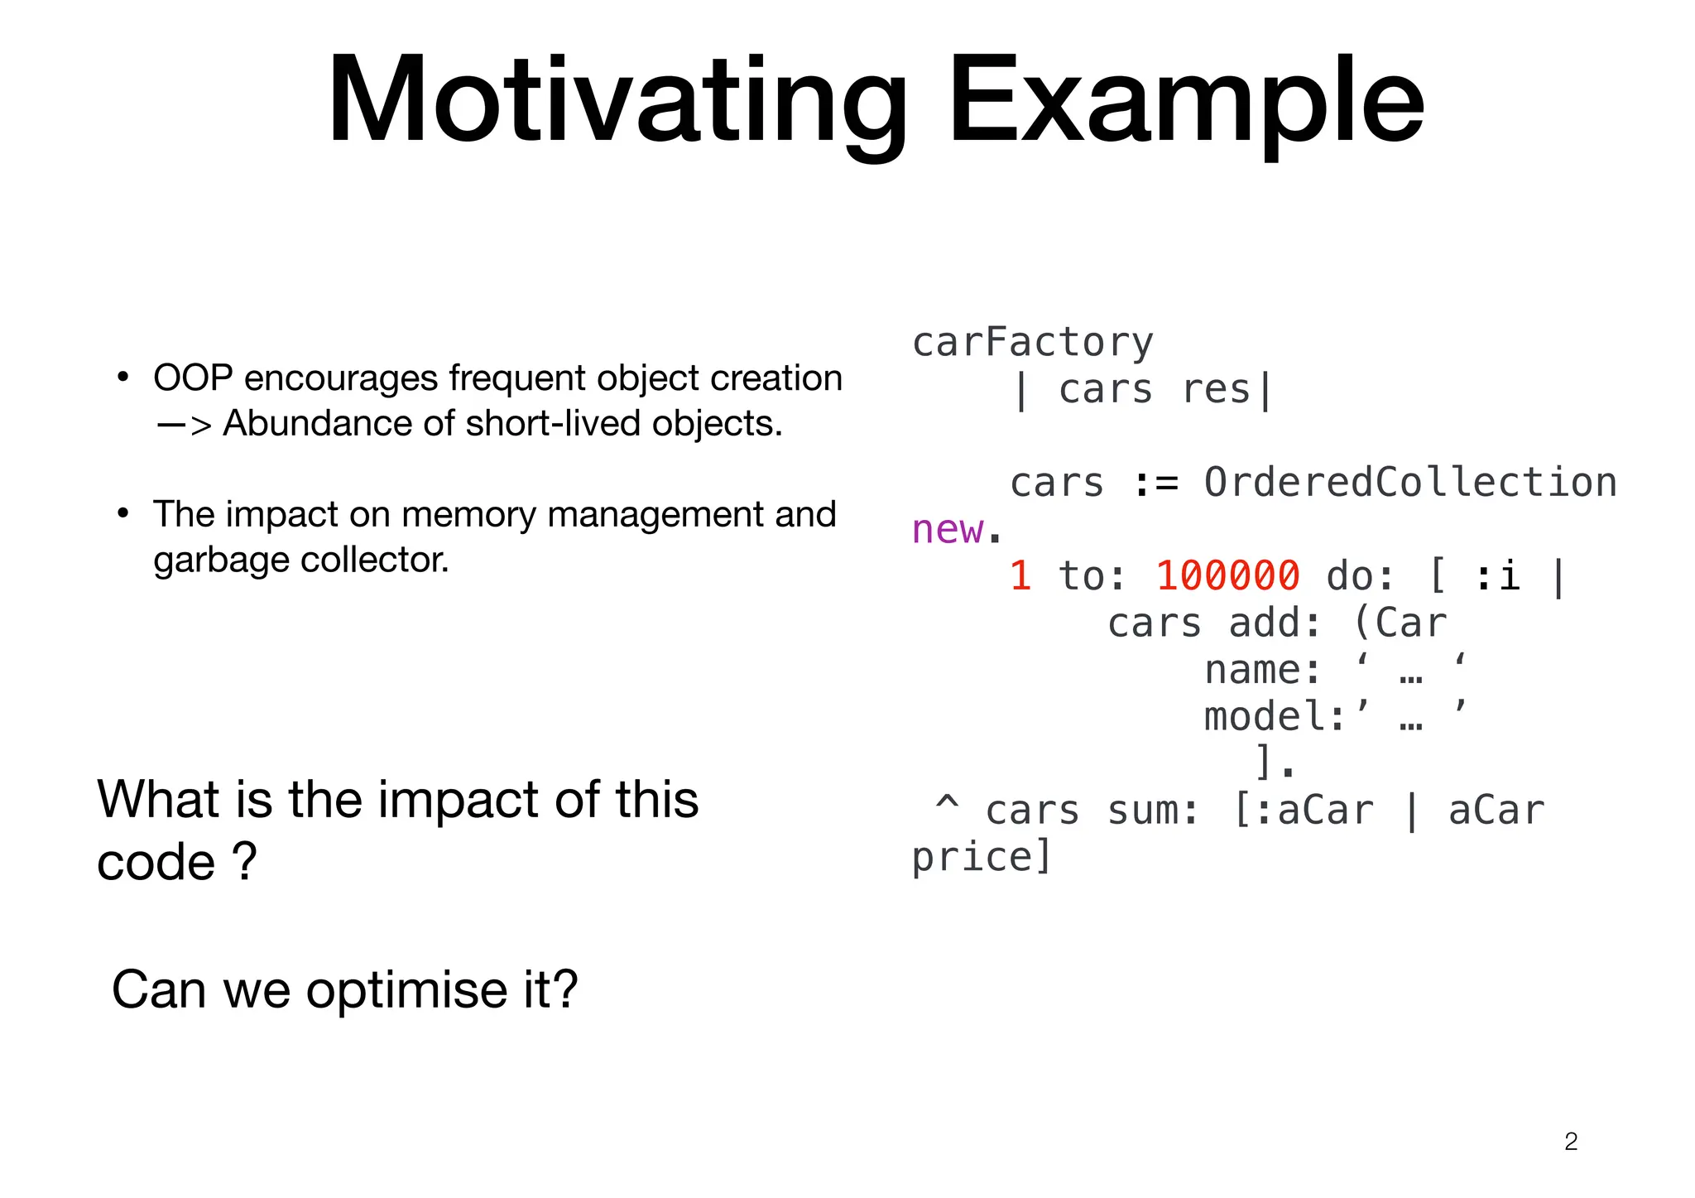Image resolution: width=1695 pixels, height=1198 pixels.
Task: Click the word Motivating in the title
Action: tap(617, 101)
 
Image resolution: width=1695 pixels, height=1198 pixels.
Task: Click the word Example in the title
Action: tap(1185, 101)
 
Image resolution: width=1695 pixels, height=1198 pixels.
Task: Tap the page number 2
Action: tap(1571, 1142)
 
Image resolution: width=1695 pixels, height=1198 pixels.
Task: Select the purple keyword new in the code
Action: tap(948, 530)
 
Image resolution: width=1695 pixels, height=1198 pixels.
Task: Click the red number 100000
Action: tap(1227, 576)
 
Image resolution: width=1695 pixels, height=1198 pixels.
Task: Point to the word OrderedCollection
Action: tap(1409, 483)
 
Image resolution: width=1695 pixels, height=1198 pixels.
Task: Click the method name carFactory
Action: tap(1032, 343)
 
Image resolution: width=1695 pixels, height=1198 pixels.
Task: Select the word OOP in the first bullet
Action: tap(193, 378)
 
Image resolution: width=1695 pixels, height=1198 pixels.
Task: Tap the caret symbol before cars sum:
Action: tap(947, 805)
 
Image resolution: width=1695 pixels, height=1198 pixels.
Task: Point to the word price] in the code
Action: tap(981, 858)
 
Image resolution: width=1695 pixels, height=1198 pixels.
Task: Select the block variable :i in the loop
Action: tap(1498, 576)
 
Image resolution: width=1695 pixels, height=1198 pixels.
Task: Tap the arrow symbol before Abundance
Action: tap(184, 425)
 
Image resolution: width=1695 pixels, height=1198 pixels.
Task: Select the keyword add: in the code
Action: tap(1275, 623)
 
